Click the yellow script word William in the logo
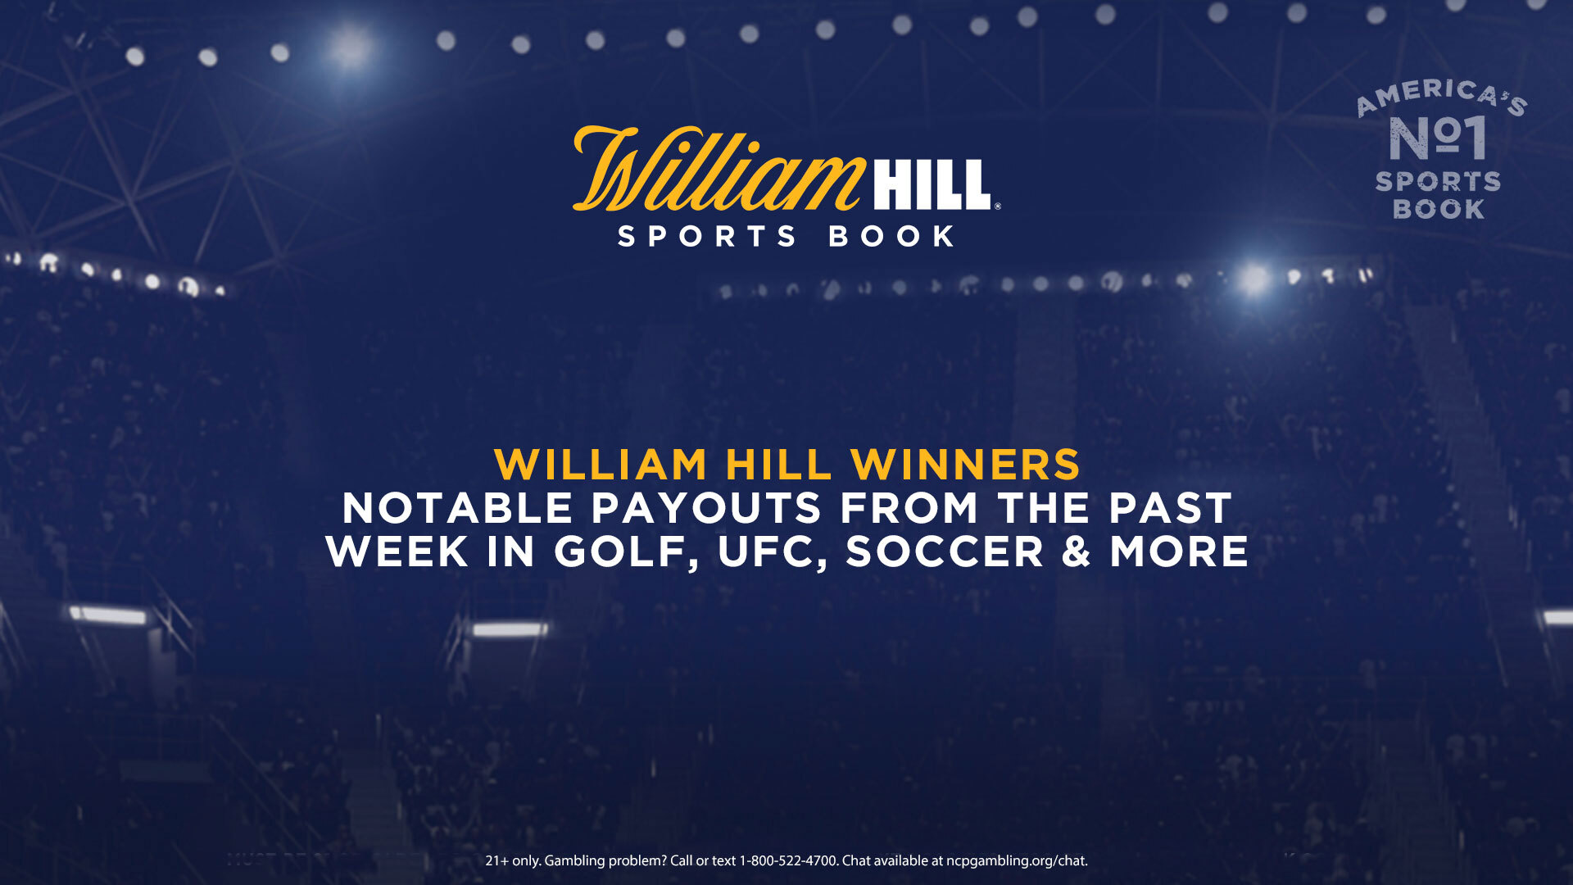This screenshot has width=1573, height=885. pos(719,169)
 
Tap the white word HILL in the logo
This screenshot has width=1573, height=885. pos(932,184)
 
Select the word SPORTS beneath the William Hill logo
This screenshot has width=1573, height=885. pos(707,237)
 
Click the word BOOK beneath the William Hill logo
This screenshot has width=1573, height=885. pos(891,237)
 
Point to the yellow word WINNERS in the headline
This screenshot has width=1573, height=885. pos(966,465)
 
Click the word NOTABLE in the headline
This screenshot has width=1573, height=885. pos(457,508)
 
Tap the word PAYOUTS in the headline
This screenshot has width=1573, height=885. pos(706,508)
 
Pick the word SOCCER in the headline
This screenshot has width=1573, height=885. pos(945,551)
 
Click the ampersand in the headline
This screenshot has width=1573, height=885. pos(1077,551)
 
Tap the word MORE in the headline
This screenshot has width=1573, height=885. pos(1179,551)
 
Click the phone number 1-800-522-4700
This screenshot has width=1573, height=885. pos(788,860)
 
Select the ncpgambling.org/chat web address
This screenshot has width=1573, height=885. pos(1017,861)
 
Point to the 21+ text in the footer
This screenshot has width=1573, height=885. pos(496,860)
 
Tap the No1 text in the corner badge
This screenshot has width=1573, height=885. pos(1438,138)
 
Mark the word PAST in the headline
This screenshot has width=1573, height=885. pos(1171,508)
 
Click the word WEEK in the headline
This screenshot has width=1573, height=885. pos(397,551)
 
